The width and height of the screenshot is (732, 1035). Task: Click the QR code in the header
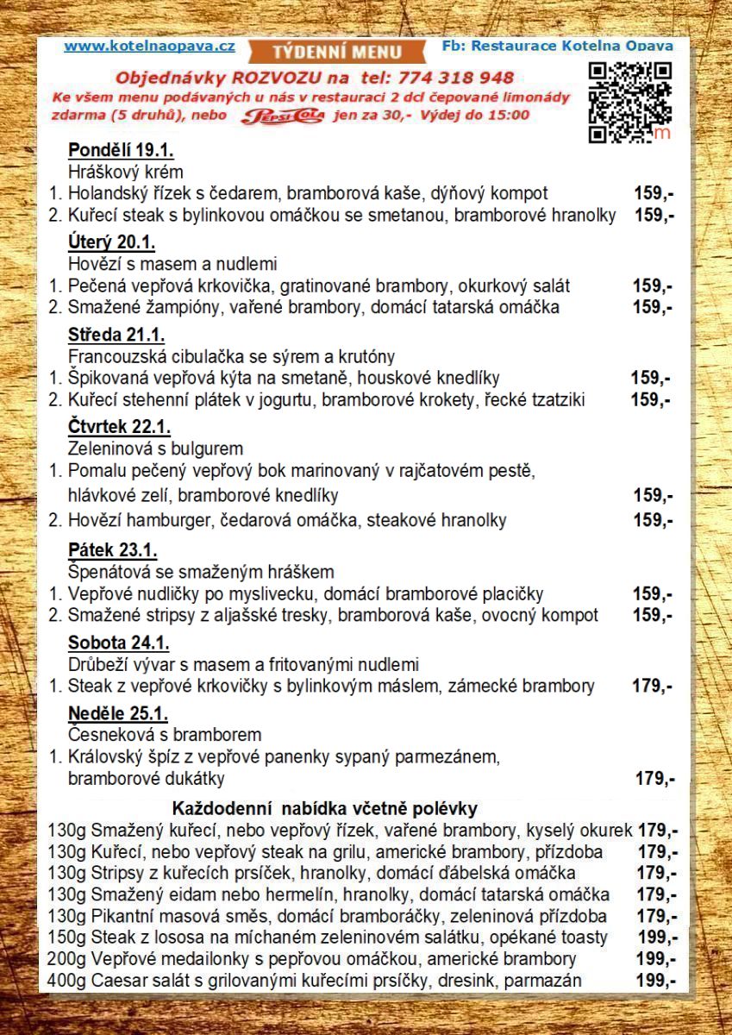(x=629, y=102)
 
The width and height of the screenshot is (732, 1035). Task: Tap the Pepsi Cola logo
(x=283, y=116)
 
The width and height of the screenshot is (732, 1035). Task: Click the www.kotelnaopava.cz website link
(x=149, y=47)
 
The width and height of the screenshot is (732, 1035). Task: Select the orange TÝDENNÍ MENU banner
(x=338, y=50)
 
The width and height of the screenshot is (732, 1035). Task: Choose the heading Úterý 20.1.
(x=111, y=241)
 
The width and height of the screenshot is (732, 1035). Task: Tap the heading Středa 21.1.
(x=116, y=335)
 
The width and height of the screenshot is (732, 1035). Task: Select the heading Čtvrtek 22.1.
(x=119, y=427)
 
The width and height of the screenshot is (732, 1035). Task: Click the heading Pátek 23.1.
(x=112, y=550)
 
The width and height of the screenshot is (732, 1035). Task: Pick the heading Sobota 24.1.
(x=118, y=643)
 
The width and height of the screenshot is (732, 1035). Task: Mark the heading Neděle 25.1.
(x=117, y=714)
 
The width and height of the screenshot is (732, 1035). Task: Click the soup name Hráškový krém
(x=125, y=172)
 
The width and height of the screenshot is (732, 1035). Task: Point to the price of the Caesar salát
(x=656, y=980)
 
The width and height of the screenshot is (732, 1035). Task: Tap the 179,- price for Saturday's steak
(x=654, y=687)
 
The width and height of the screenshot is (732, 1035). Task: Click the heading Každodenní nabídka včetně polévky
(x=325, y=809)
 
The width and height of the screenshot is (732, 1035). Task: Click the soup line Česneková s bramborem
(x=164, y=735)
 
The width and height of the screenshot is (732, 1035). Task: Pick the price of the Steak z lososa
(x=656, y=937)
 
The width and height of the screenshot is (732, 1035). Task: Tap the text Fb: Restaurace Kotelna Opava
(x=556, y=46)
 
